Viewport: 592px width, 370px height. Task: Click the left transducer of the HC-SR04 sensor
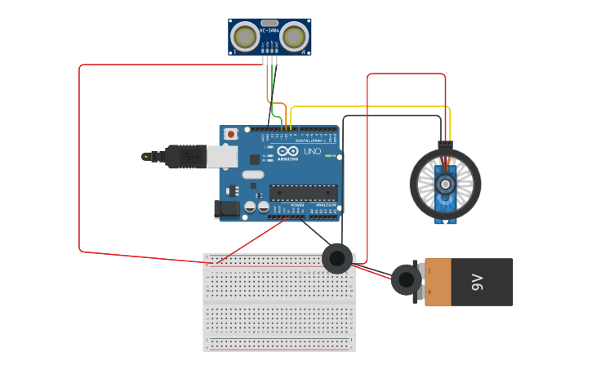pyautogui.click(x=245, y=36)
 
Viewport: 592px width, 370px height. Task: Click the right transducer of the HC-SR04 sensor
pyautogui.click(x=294, y=36)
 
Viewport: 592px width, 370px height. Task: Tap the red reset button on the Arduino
pyautogui.click(x=232, y=134)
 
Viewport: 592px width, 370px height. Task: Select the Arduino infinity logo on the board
pyautogui.click(x=287, y=151)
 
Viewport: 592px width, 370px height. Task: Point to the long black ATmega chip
pyautogui.click(x=304, y=193)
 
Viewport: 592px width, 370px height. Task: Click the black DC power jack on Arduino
pyautogui.click(x=228, y=210)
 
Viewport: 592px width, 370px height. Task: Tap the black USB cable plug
pyautogui.click(x=185, y=156)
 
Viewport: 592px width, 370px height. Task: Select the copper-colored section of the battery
pyautogui.click(x=438, y=283)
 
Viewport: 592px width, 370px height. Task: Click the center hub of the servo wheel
pyautogui.click(x=445, y=184)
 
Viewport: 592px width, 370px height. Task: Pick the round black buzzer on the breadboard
pyautogui.click(x=337, y=259)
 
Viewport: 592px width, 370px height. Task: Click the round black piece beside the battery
pyautogui.click(x=406, y=280)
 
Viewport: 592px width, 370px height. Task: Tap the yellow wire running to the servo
pyautogui.click(x=367, y=106)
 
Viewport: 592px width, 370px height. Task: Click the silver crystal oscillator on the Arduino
pyautogui.click(x=253, y=174)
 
